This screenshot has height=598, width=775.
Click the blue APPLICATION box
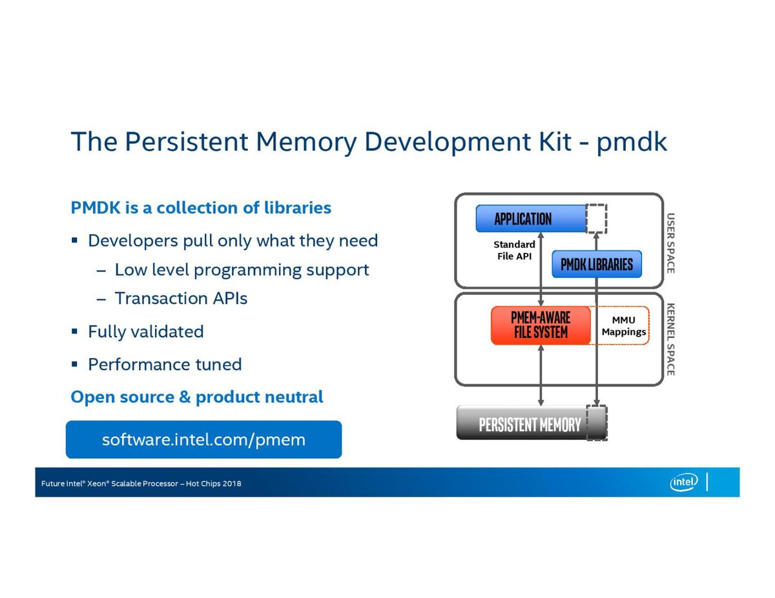[x=531, y=218]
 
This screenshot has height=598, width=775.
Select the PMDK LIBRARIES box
[x=597, y=264]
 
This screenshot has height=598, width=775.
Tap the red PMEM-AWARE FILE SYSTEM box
[x=541, y=325]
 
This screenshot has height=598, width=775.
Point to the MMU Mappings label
[x=623, y=326]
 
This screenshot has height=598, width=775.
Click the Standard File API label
[x=514, y=250]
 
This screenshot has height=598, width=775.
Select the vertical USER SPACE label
[x=670, y=243]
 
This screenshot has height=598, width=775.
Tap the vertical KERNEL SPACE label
[x=670, y=339]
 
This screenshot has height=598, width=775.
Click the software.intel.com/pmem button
[x=203, y=439]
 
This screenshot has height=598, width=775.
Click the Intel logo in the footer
[x=683, y=483]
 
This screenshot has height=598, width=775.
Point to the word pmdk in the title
[x=632, y=142]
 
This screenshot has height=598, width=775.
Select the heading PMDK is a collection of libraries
[x=201, y=207]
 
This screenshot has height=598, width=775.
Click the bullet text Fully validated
[x=146, y=332]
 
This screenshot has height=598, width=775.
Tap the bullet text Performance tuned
[x=165, y=364]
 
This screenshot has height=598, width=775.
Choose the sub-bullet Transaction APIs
[x=181, y=298]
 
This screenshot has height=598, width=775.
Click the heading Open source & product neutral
[x=197, y=397]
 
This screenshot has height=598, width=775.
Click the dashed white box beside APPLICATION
[x=596, y=218]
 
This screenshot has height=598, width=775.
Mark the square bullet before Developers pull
[x=74, y=240]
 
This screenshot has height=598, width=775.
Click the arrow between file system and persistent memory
[x=541, y=375]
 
